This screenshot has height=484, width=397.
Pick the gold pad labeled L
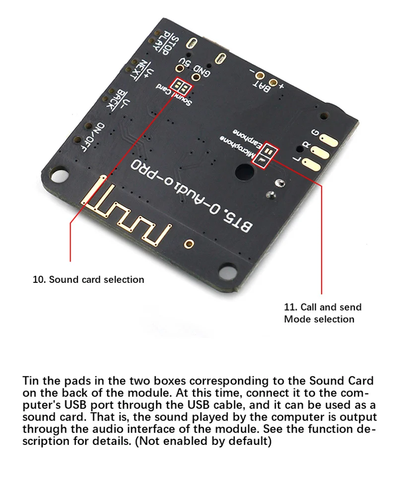click(x=312, y=164)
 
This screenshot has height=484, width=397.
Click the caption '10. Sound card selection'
click(x=88, y=279)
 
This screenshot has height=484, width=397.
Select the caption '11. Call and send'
click(x=323, y=307)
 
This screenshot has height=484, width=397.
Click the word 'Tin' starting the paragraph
click(x=31, y=381)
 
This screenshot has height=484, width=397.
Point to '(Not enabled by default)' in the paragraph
click(x=203, y=441)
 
